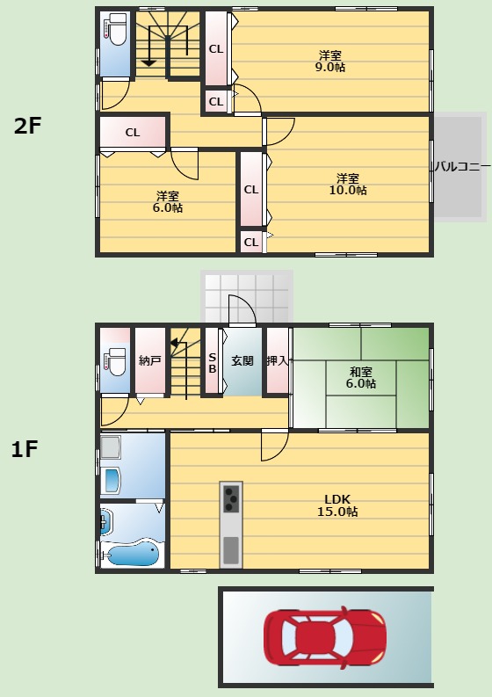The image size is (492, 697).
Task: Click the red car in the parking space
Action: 325,637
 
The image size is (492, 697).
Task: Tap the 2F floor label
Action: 27,126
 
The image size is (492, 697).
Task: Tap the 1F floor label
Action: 25,449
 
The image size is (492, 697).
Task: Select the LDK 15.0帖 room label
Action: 337,505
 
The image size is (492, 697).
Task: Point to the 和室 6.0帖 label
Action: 361,377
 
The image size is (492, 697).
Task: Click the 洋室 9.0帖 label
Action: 330,62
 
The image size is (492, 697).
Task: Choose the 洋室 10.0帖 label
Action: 348,185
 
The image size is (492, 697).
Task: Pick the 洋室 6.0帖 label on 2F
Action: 168,202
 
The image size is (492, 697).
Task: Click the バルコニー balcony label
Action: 463,167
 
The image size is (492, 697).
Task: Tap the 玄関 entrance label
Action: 242,360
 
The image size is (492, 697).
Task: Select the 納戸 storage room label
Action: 149,360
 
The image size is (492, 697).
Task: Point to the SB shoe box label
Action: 213,363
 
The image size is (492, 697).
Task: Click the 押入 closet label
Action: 277,360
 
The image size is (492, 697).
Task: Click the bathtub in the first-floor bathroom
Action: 131,553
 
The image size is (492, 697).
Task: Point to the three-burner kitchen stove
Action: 231,498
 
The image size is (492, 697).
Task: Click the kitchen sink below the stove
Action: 231,550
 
